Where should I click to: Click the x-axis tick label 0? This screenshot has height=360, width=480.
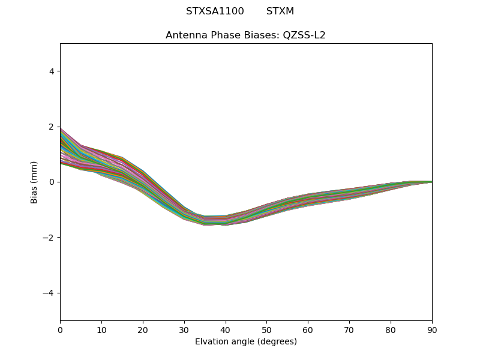click(60, 329)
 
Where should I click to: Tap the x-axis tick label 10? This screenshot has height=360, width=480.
click(101, 329)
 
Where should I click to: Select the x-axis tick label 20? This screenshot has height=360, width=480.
click(143, 329)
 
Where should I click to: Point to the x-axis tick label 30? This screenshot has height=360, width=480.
click(184, 329)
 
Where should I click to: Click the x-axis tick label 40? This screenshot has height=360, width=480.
click(226, 329)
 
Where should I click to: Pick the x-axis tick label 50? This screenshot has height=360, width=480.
click(266, 329)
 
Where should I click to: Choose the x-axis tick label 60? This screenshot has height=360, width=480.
click(308, 329)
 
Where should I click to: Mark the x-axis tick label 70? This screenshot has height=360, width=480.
click(349, 329)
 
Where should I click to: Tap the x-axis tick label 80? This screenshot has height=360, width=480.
click(391, 329)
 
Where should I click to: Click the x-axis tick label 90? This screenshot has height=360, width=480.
click(432, 329)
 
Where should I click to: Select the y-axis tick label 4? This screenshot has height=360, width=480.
click(52, 71)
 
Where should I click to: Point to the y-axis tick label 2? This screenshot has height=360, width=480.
click(52, 127)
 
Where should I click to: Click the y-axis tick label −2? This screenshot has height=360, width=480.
click(49, 238)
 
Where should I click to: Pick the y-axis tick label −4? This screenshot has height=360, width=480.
click(49, 293)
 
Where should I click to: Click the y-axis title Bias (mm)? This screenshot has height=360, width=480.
click(34, 182)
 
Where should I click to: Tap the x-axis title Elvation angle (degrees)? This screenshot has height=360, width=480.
click(246, 341)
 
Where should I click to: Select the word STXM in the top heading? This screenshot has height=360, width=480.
click(280, 11)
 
